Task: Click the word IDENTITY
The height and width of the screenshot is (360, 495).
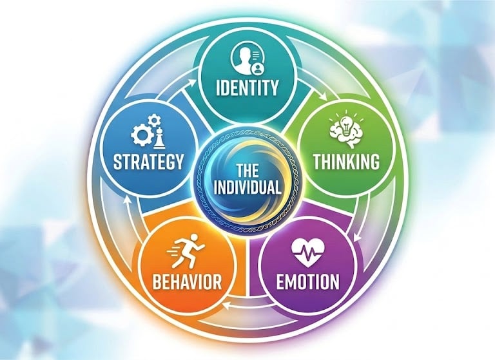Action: pyautogui.click(x=248, y=86)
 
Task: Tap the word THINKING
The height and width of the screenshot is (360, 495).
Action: pyautogui.click(x=346, y=161)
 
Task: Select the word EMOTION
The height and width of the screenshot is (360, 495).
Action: pyautogui.click(x=307, y=281)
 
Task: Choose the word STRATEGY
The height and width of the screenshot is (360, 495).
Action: pyautogui.click(x=149, y=161)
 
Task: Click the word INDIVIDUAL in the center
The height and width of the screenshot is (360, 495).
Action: pyautogui.click(x=248, y=189)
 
